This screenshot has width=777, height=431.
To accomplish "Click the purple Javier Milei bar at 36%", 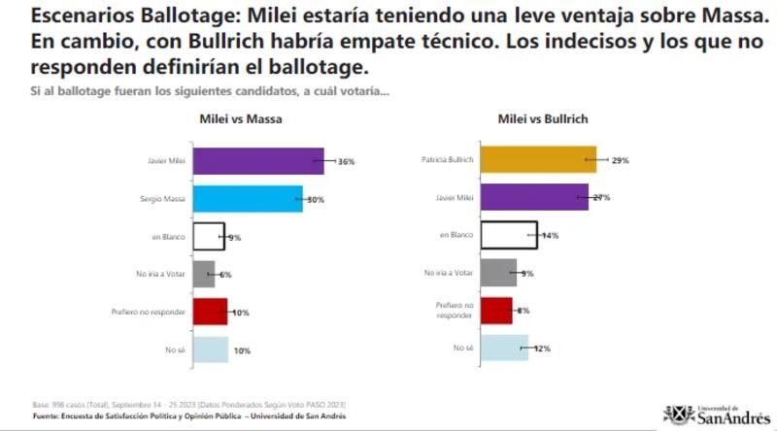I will pos(258,161).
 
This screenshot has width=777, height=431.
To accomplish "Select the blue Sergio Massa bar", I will pos(248,199).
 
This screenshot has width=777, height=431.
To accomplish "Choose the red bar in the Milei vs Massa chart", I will pos(210,312).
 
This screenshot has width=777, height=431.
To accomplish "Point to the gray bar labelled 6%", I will pos(204,275).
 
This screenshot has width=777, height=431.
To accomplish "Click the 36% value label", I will pos(346,161).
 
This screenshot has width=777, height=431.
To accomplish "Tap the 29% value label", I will pos(619,160).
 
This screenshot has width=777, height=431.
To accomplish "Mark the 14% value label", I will pos(551,236).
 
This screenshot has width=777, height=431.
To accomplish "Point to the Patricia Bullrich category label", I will pos(448,160).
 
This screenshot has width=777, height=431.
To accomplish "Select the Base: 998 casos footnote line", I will pos(185,404).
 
